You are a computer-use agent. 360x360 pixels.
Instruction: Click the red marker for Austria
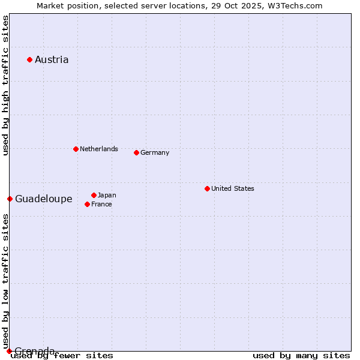[29, 59]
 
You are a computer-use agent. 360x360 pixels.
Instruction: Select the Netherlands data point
[76, 149]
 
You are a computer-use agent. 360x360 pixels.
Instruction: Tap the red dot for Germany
[136, 152]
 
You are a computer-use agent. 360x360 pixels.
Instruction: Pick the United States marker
[207, 188]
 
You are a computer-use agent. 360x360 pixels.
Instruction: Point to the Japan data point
[94, 195]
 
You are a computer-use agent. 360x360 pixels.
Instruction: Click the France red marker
[87, 204]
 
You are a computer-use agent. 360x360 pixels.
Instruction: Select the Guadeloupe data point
[10, 199]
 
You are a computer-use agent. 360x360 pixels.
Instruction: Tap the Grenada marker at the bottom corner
[9, 351]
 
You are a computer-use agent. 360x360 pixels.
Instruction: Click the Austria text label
[52, 59]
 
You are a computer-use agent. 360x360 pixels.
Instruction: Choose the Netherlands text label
[99, 149]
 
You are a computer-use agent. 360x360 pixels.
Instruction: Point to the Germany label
[155, 152]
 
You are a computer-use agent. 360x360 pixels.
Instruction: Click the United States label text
[233, 188]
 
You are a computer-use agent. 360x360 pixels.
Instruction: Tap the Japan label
[107, 195]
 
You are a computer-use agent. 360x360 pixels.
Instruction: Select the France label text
[101, 204]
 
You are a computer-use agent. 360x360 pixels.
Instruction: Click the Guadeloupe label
[44, 199]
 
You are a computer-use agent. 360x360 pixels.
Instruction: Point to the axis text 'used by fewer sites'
[62, 356]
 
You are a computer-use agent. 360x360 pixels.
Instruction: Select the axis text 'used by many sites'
[301, 356]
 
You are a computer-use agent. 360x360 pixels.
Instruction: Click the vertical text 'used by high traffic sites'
[6, 85]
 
